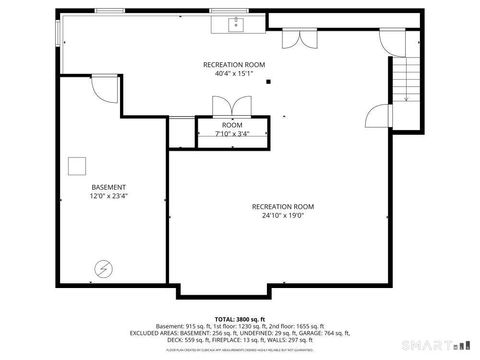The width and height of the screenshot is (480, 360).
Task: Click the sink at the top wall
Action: tap(238, 22)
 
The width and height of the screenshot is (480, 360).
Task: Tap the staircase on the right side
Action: tap(405, 79)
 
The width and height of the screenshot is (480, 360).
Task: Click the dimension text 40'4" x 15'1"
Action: tap(234, 73)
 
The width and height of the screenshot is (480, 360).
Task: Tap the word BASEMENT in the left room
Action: tap(109, 187)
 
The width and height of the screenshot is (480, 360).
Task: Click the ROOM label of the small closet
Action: tap(232, 124)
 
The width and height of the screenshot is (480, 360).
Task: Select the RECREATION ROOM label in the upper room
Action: tap(234, 63)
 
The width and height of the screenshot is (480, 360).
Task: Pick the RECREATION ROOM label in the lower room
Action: tap(283, 205)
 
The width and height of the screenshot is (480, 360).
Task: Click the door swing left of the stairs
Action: tap(376, 116)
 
